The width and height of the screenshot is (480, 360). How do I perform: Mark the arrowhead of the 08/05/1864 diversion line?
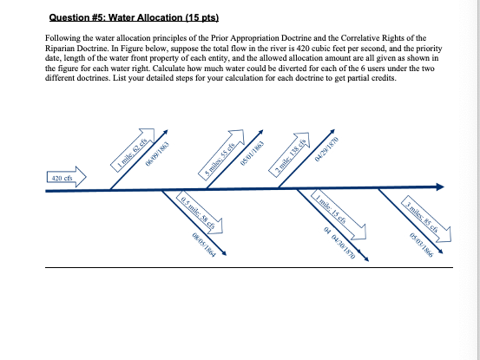point(223,254)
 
